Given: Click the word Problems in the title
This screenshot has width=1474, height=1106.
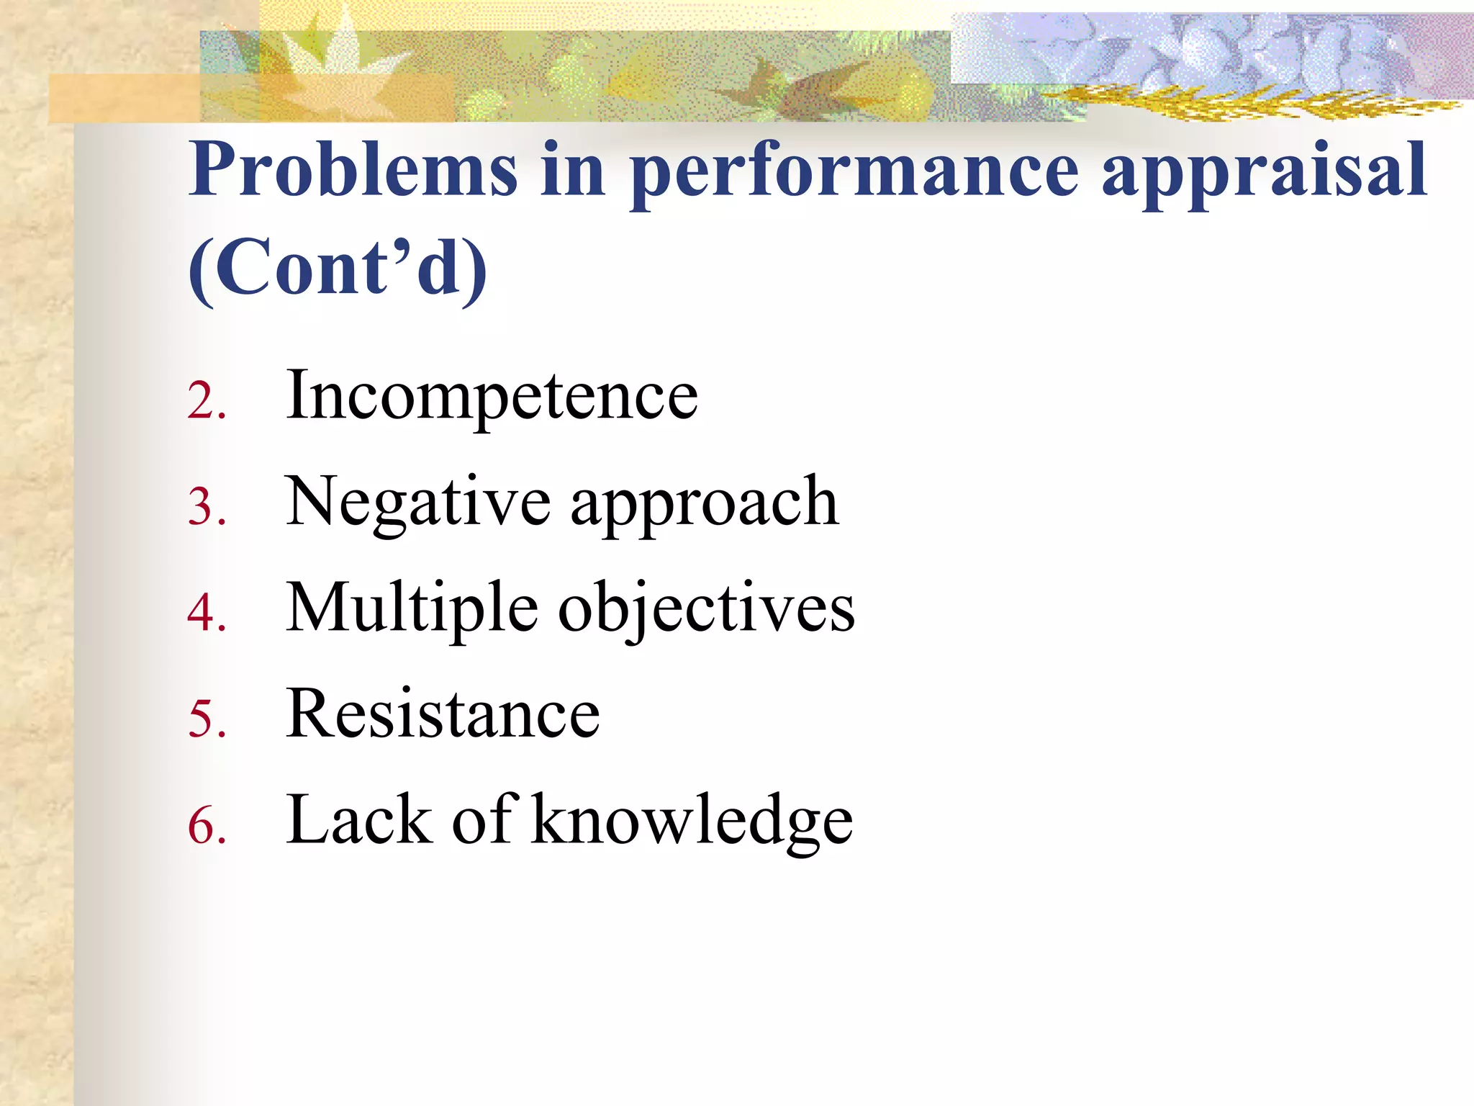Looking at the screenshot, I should click(x=353, y=169).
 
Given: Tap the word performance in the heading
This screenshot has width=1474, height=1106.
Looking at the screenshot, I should click(x=854, y=173).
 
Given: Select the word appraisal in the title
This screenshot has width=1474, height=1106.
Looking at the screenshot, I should click(x=1264, y=173).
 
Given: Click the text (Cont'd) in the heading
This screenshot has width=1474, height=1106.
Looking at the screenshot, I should click(x=337, y=268).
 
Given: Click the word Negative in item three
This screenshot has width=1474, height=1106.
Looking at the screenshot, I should click(x=418, y=503).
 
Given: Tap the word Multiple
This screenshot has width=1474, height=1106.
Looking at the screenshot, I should click(x=412, y=609).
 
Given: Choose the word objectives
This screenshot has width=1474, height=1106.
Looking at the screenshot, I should click(x=707, y=611).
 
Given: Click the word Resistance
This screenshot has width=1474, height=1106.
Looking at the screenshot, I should click(x=443, y=714).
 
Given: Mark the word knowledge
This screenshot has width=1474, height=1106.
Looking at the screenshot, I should click(x=692, y=822).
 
